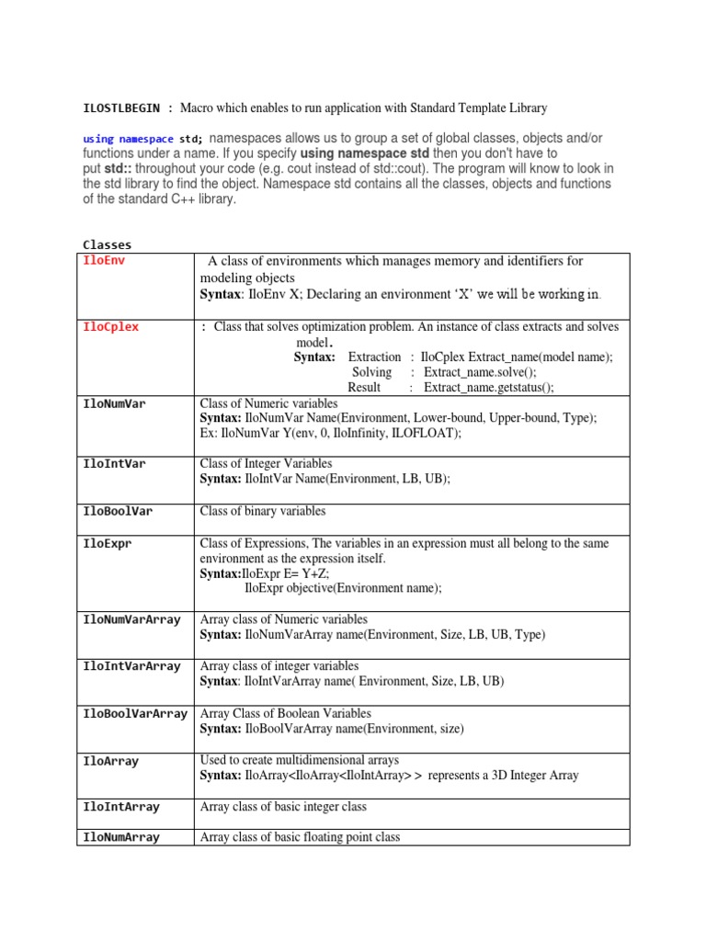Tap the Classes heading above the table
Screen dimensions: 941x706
click(108, 244)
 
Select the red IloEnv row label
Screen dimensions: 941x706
click(102, 261)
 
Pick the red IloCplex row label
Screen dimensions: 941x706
click(110, 327)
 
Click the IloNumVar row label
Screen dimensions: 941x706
click(114, 403)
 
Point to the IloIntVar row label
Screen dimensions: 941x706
click(114, 464)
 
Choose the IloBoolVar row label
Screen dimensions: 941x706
click(118, 511)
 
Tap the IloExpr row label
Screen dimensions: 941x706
click(108, 544)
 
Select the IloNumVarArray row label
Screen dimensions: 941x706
click(131, 620)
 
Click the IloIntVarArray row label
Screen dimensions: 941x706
click(131, 666)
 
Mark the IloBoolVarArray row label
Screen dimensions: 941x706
click(135, 713)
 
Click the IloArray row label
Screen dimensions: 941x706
click(110, 761)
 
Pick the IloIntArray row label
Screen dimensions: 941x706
click(121, 807)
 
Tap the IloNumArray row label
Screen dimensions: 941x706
click(121, 837)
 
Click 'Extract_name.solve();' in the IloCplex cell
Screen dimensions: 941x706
click(480, 372)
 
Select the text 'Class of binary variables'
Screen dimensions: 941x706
click(263, 511)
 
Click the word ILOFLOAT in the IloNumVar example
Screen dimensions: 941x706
click(426, 433)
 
